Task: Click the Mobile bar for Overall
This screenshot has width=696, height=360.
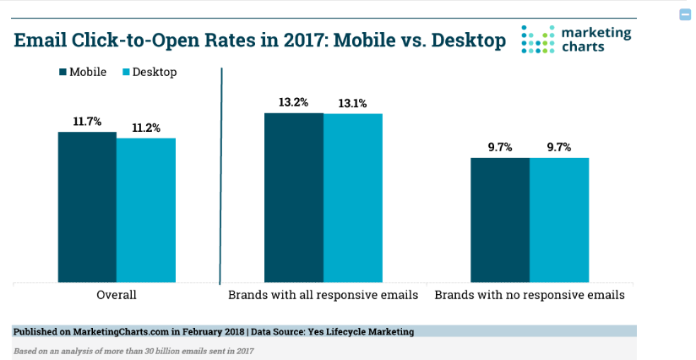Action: click(87, 207)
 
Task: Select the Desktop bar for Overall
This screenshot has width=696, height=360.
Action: click(146, 210)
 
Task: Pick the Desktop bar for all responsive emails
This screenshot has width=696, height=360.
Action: click(353, 198)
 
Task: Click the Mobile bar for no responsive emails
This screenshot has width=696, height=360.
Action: click(499, 219)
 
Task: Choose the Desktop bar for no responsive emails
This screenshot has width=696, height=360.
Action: click(559, 219)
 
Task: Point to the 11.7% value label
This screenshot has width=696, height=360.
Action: click(87, 122)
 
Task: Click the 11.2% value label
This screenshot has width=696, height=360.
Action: click(146, 128)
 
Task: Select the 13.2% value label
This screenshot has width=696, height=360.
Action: click(293, 102)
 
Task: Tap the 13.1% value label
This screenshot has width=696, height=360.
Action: click(353, 103)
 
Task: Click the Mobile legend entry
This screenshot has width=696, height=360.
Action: click(83, 72)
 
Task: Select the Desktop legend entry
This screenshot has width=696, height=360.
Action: click(149, 72)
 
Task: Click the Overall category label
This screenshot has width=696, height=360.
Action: click(117, 296)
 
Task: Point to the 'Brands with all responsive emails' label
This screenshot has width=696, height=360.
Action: click(323, 296)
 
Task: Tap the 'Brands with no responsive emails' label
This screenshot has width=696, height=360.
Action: click(530, 296)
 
